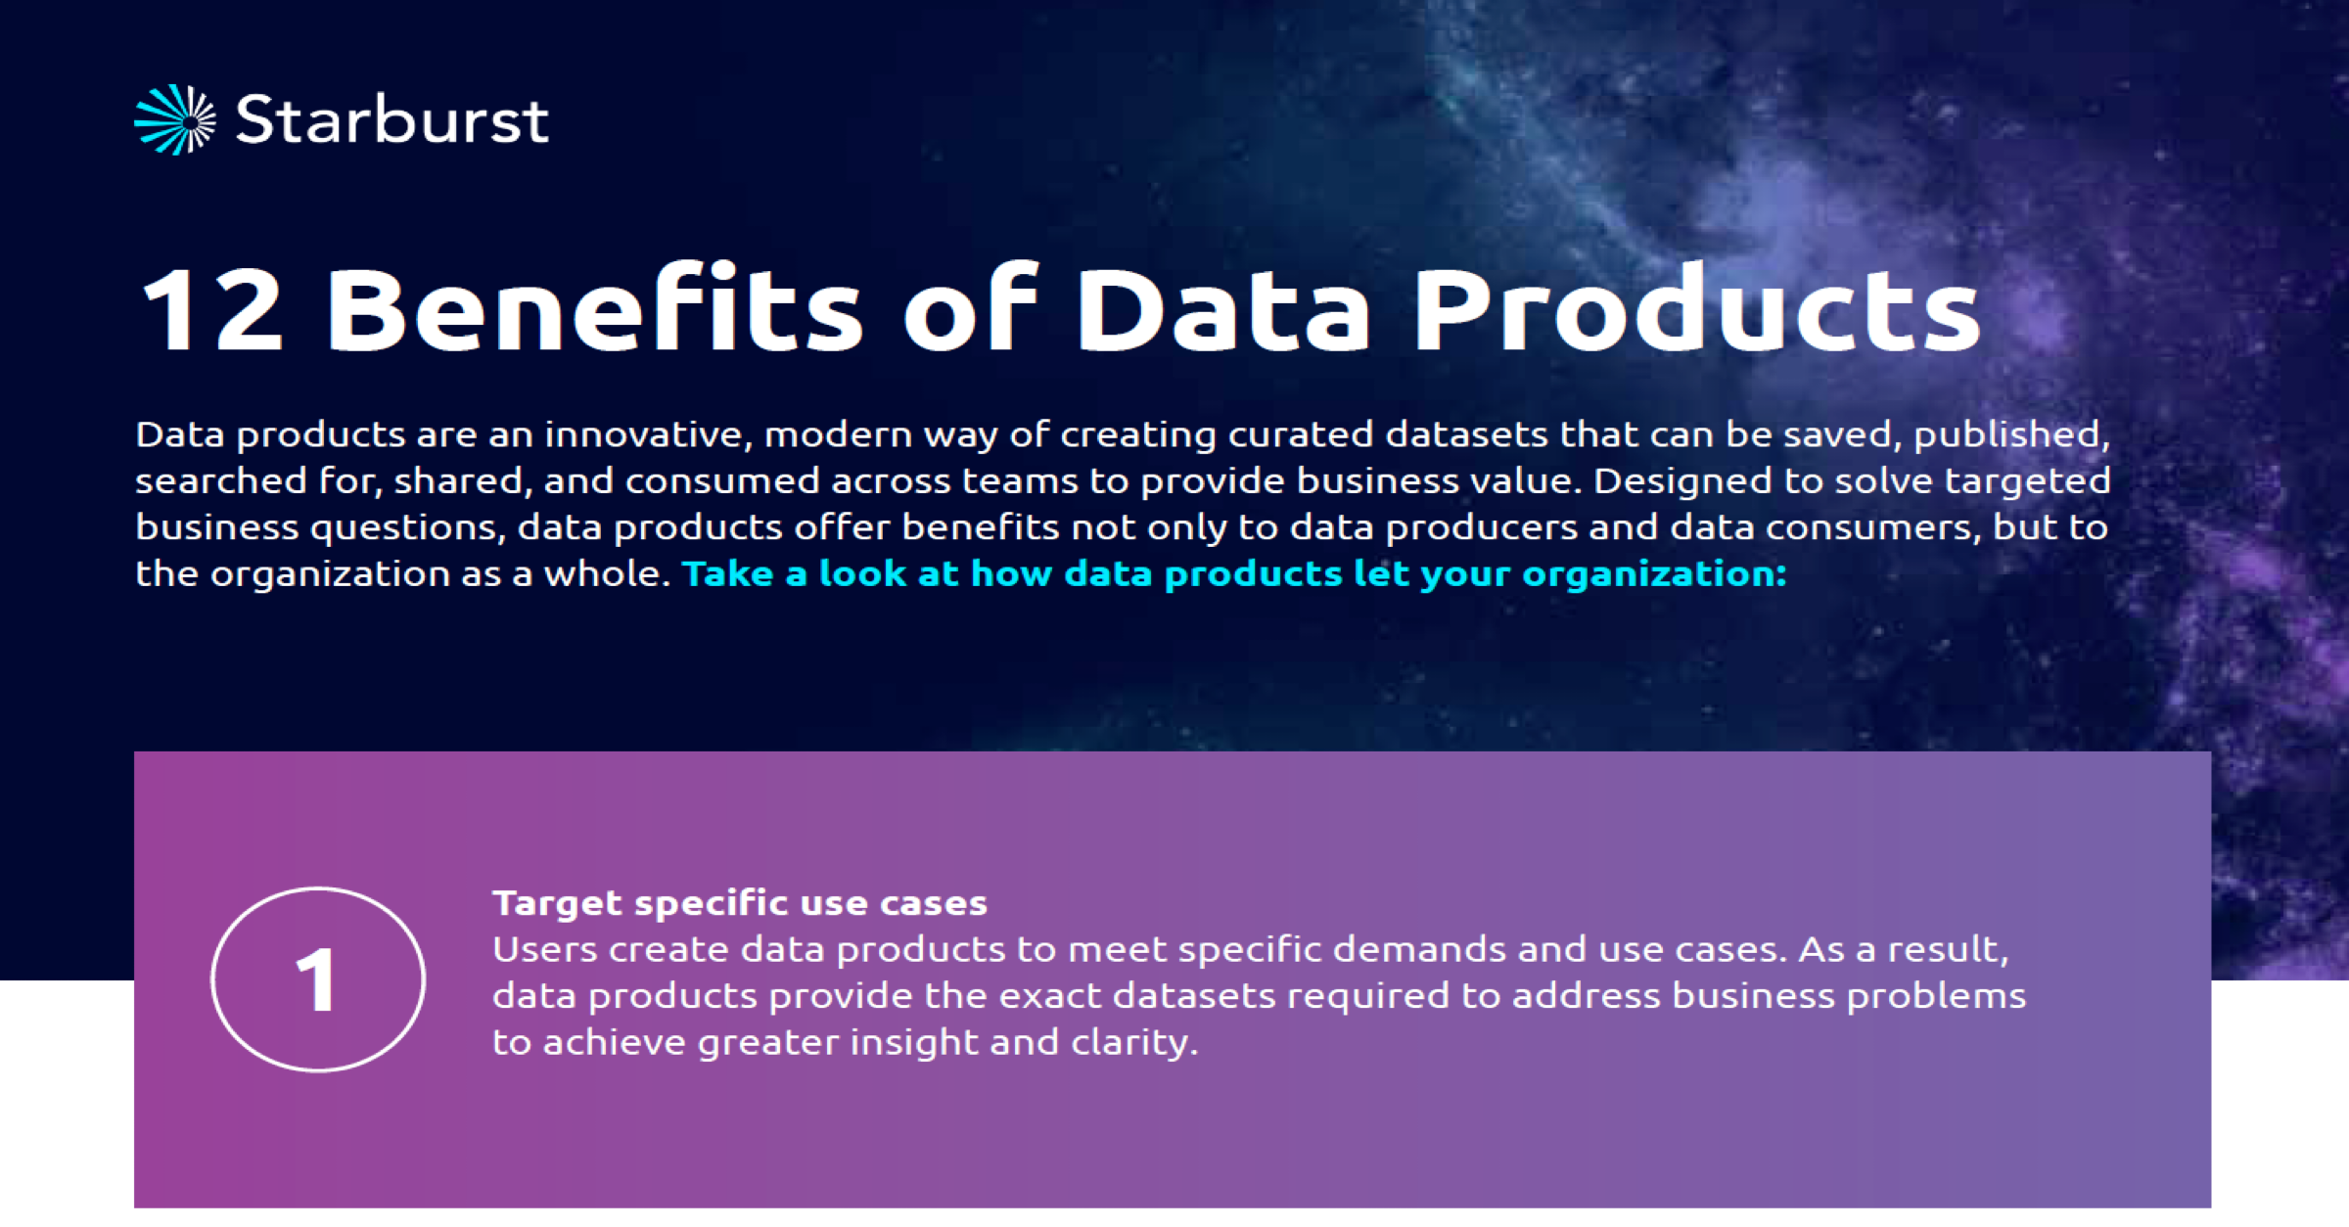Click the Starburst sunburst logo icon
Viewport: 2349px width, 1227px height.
175,120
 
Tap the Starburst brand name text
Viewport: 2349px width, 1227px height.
391,120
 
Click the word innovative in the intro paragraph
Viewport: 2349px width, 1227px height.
648,433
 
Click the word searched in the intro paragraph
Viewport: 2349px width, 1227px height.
221,480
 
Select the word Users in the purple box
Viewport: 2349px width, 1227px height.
544,949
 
